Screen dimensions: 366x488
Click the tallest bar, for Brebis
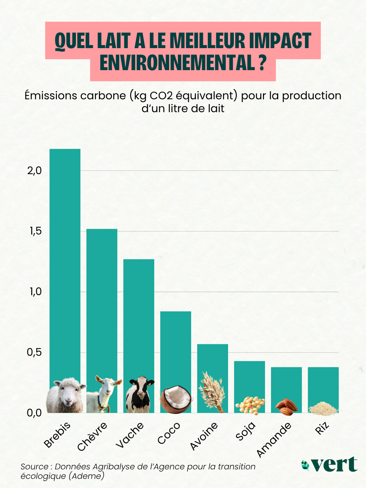[65, 262]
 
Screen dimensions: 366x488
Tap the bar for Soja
[249, 378]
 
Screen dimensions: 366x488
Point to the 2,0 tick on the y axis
[35, 171]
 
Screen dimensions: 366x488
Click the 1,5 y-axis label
[36, 231]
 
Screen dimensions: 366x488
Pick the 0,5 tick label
[35, 352]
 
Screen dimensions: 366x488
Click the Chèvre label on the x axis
[92, 436]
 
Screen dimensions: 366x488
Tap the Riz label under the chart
[322, 428]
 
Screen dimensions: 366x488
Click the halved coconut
[176, 400]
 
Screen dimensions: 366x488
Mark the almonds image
[286, 407]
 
